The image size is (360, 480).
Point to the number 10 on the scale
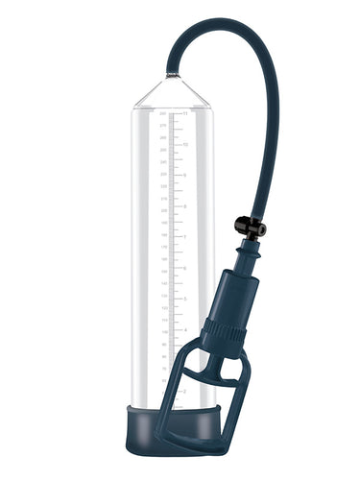pyautogui.click(x=185, y=145)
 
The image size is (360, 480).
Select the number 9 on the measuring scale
pyautogui.click(x=185, y=176)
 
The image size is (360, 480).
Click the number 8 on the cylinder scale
pyautogui.click(x=185, y=206)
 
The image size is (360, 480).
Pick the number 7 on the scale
pyautogui.click(x=185, y=236)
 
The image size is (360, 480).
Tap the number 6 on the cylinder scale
pyautogui.click(x=185, y=267)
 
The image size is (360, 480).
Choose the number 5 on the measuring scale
pyautogui.click(x=185, y=298)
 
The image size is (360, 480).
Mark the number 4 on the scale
pyautogui.click(x=185, y=328)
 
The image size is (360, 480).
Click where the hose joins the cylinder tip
pyautogui.click(x=170, y=74)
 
